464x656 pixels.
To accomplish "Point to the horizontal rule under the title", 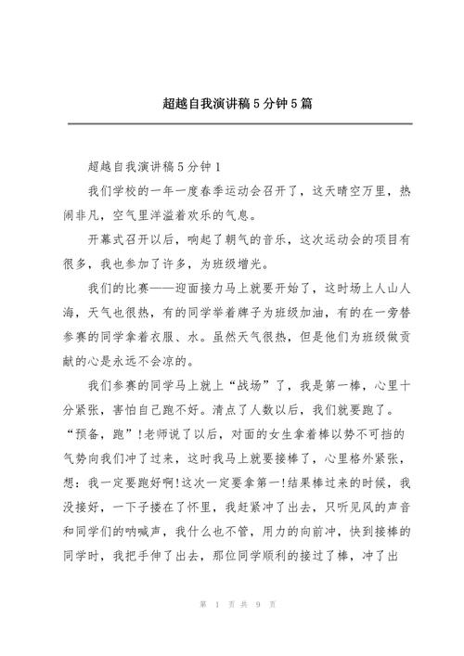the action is tap(232, 119).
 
